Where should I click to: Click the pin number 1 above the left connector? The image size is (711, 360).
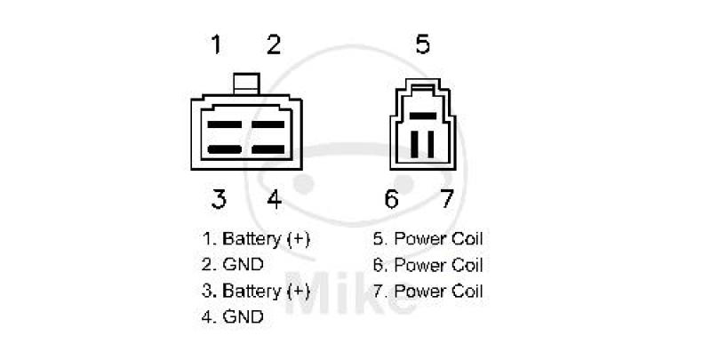[x=217, y=44]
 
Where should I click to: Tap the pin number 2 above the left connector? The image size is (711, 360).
[x=274, y=44]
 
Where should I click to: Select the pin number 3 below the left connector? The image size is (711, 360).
[x=219, y=198]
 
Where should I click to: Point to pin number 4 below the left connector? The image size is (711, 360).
[x=275, y=198]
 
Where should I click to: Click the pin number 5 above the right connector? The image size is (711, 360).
[x=423, y=44]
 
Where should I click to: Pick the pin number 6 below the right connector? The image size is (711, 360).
[x=392, y=198]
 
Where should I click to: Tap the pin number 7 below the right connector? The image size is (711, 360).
[x=447, y=198]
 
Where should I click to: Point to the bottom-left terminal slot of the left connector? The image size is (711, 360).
[x=223, y=148]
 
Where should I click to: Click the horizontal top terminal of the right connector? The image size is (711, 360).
[x=422, y=116]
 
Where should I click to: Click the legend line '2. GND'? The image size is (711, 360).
[x=233, y=265]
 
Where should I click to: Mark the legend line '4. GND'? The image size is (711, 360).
[x=233, y=316]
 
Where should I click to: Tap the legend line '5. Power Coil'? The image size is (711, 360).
[x=428, y=239]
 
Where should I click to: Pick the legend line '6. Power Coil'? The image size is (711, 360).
[x=428, y=265]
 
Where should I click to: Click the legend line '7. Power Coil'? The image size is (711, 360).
[x=428, y=291]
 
